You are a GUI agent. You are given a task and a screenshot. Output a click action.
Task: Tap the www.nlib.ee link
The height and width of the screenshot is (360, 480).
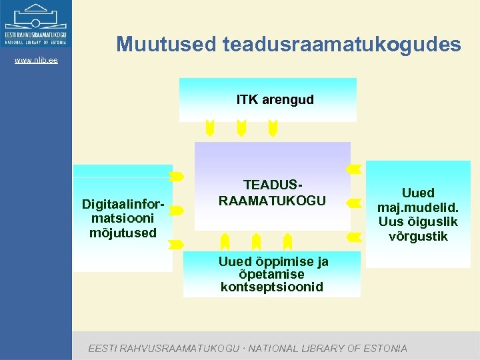(x=36, y=61)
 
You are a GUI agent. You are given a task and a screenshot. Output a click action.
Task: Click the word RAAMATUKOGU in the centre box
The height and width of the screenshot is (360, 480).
(x=273, y=201)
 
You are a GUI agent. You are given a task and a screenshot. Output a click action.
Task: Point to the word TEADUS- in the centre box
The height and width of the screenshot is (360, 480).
(x=273, y=185)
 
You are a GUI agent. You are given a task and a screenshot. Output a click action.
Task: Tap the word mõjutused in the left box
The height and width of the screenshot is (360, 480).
(x=123, y=233)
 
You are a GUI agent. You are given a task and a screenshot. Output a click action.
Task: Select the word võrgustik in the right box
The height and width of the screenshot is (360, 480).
(x=418, y=237)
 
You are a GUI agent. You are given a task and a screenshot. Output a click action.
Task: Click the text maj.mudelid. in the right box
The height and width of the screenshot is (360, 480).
(x=418, y=207)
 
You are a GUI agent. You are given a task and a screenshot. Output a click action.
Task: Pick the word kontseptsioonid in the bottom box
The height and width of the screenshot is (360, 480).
(x=272, y=287)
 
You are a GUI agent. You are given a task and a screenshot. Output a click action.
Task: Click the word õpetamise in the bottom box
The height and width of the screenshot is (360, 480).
(x=271, y=274)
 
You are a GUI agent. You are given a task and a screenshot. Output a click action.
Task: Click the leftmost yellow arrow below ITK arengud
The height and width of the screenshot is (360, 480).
(x=210, y=128)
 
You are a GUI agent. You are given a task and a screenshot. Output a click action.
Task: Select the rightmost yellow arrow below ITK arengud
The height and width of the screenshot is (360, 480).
(x=273, y=128)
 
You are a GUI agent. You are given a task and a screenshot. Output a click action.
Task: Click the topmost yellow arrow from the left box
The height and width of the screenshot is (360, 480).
(x=177, y=177)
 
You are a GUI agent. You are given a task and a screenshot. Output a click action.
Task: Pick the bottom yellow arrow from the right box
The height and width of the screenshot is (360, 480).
(x=355, y=237)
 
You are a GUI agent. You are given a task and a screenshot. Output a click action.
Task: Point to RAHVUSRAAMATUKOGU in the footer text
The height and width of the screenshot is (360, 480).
(x=178, y=348)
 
